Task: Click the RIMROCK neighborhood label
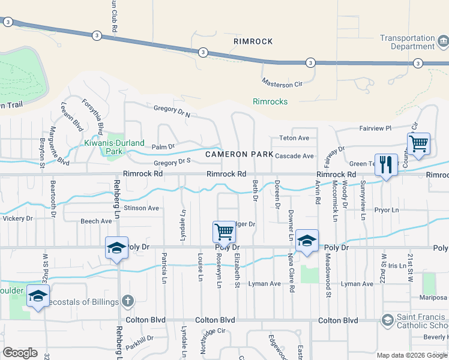[253, 41]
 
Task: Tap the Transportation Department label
[406, 42]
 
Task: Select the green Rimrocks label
[270, 101]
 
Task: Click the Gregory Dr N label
[172, 112]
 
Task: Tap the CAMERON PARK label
[239, 154]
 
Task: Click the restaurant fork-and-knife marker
[386, 164]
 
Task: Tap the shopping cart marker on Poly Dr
[224, 231]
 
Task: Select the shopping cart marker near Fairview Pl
[418, 144]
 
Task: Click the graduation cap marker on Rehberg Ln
[116, 247]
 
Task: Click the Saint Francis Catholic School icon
[388, 320]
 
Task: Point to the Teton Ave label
[294, 138]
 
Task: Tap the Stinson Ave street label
[141, 208]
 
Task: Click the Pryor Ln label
[386, 211]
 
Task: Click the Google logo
[20, 353]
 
